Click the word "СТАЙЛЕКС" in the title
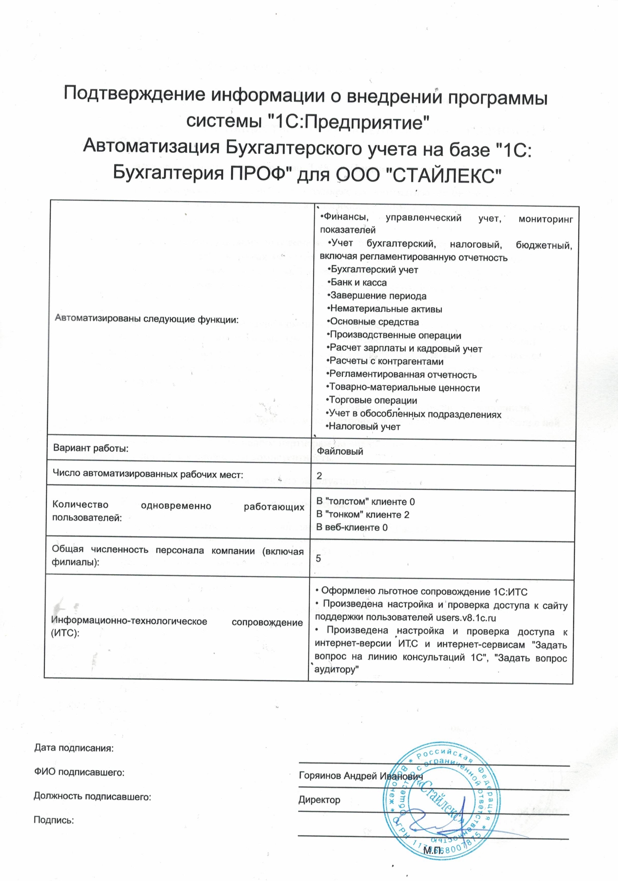point(443,175)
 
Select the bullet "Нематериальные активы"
point(385,309)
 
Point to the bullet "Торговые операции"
point(372,401)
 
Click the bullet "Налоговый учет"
point(364,427)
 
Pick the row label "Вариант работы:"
point(91,448)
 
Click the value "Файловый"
point(340,451)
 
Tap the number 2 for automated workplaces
point(319,476)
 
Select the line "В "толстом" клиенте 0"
point(365,502)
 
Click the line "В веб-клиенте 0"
point(352,527)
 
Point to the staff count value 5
point(318,558)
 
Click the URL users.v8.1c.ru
point(466,618)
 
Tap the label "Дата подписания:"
point(74,748)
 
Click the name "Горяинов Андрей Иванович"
point(361,776)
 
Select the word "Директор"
point(319,800)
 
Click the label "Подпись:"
point(54,820)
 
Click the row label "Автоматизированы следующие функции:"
point(147,318)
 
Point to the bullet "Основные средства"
point(374,322)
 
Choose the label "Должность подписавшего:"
point(92,796)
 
